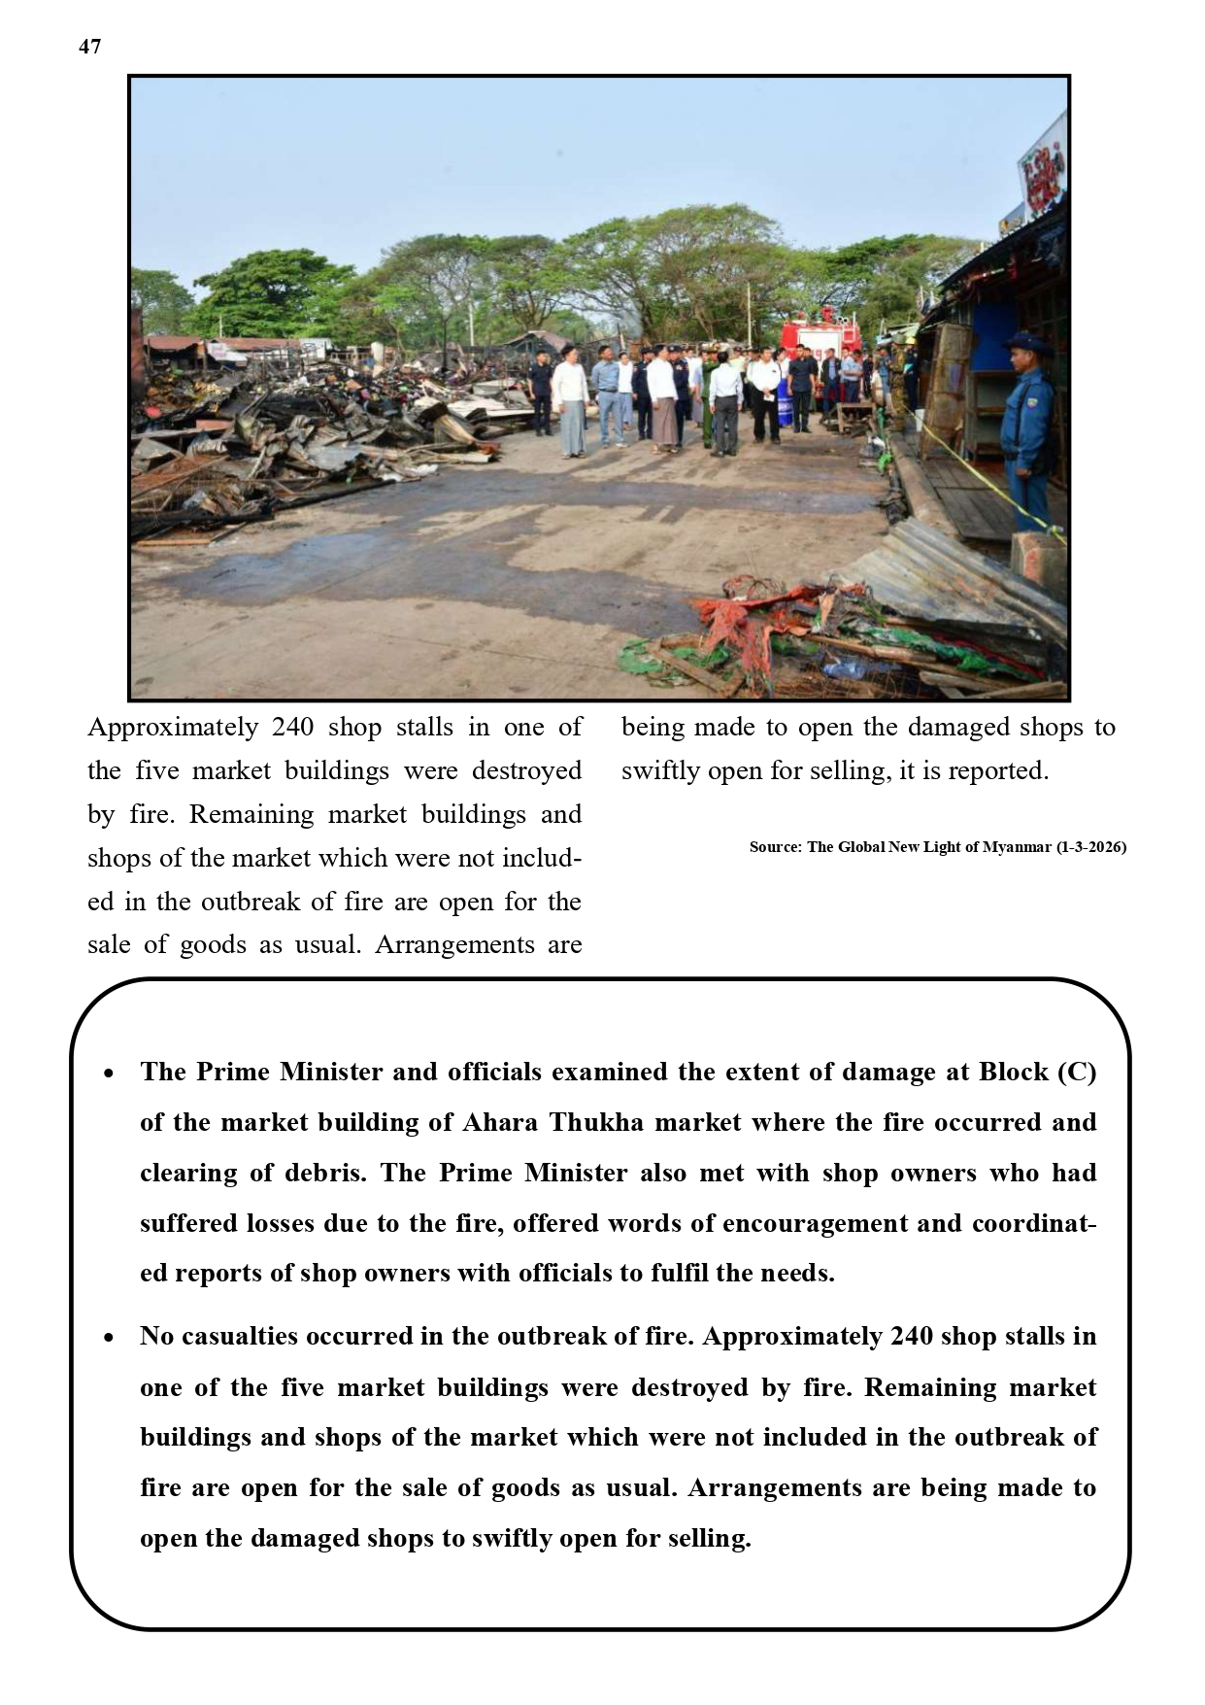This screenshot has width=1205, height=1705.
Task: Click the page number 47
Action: (x=89, y=47)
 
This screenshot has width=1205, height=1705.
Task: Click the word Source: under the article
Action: (x=775, y=847)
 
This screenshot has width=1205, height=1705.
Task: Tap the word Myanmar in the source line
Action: (x=1017, y=847)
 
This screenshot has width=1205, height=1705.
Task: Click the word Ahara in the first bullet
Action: (x=501, y=1123)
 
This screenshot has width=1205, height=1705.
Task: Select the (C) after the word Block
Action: (x=1076, y=1073)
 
